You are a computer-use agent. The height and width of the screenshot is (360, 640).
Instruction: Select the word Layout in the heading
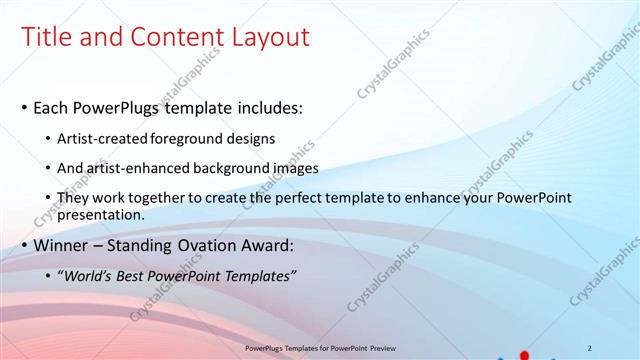point(273,38)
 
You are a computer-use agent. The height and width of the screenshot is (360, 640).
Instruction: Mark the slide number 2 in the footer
point(590,347)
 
